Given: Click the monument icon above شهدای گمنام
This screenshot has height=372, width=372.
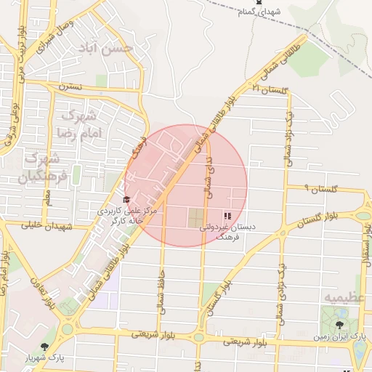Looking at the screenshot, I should click(x=259, y=4).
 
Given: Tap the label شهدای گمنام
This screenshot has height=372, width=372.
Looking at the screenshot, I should click(x=259, y=12).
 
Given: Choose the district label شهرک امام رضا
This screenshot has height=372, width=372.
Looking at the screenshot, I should click(x=78, y=125).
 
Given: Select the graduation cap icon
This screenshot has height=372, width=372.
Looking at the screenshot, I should click(x=126, y=199).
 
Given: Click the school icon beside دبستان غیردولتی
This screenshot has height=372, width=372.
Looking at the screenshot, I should click(x=227, y=216).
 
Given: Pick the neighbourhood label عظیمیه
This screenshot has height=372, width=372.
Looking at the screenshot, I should click(x=342, y=298).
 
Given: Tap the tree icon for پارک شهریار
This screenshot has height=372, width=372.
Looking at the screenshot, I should click(x=46, y=347).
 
